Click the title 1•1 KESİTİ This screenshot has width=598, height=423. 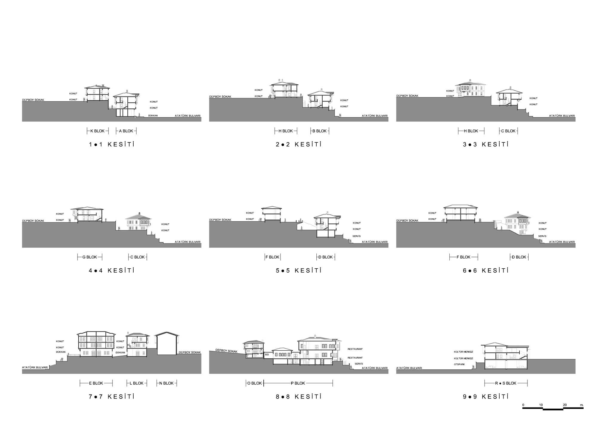tap(112, 144)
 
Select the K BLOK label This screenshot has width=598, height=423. tap(97, 131)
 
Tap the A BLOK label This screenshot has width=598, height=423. tap(126, 131)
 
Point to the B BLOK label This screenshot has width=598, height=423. tap(320, 131)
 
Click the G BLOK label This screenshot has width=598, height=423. tap(90, 257)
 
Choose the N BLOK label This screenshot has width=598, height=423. tap(167, 383)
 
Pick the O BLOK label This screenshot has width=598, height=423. tap(254, 383)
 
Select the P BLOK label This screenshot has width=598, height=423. tap(298, 383)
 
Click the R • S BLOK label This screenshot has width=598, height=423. tap(506, 383)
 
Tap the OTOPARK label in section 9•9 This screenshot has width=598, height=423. tap(459, 364)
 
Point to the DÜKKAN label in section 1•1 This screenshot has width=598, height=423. tap(153, 115)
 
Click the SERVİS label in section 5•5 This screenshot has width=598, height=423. tap(357, 236)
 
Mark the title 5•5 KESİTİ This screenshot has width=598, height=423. tap(299, 270)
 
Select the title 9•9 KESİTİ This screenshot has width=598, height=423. tap(486, 397)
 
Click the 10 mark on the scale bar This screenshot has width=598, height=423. tap(541, 405)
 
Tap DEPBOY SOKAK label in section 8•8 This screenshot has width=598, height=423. tap(226, 351)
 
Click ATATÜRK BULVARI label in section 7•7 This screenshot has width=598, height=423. tap(35, 368)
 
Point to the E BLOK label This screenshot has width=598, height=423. tap(96, 383)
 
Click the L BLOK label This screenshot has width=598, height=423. tap(137, 383)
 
